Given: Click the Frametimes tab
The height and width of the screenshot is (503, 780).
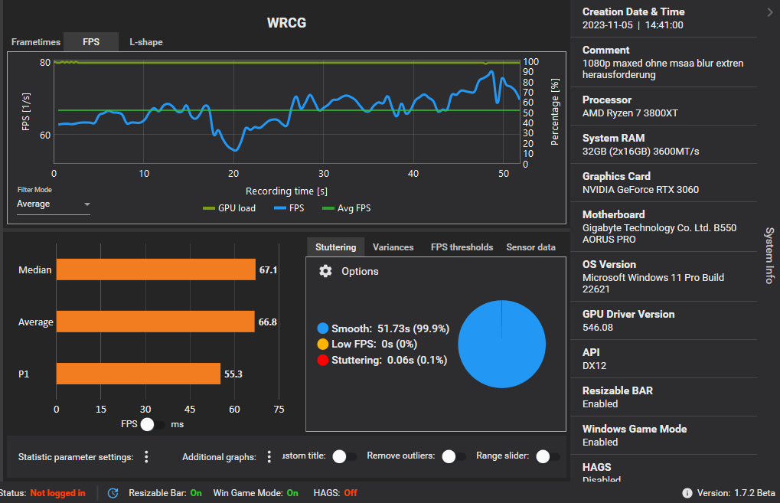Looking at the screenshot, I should pyautogui.click(x=34, y=42).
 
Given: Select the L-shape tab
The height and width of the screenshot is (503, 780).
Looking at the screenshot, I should pyautogui.click(x=145, y=42).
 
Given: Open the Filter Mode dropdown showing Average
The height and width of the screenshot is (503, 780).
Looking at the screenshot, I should pyautogui.click(x=54, y=204).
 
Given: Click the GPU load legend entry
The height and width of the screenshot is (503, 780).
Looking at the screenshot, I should pyautogui.click(x=229, y=208).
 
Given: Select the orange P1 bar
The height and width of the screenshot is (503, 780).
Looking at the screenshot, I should pyautogui.click(x=139, y=374).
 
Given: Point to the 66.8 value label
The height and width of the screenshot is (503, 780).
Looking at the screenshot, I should pyautogui.click(x=267, y=322).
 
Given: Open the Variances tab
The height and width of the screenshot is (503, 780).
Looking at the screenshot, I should pyautogui.click(x=393, y=247).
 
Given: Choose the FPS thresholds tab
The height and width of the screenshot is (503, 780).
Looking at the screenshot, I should pyautogui.click(x=462, y=247).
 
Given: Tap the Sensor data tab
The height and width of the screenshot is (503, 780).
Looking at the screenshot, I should pyautogui.click(x=530, y=247).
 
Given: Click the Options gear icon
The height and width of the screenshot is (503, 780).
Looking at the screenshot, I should pyautogui.click(x=325, y=271).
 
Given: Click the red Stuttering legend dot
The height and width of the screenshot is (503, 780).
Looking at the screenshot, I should pyautogui.click(x=322, y=360).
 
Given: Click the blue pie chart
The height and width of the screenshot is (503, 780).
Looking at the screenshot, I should pyautogui.click(x=501, y=344).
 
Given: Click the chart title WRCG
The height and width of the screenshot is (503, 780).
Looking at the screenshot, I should pyautogui.click(x=286, y=23).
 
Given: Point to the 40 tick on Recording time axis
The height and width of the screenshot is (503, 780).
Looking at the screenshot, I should pyautogui.click(x=413, y=174).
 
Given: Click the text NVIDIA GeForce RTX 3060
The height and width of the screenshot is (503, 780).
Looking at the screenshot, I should pyautogui.click(x=640, y=190).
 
